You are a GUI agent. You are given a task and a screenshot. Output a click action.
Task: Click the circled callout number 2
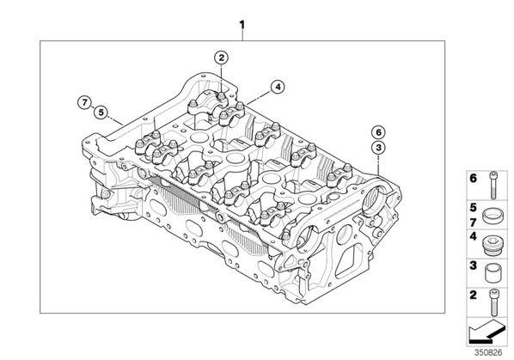[x=221, y=58]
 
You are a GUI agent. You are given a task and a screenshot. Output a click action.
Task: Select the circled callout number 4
[x=278, y=87]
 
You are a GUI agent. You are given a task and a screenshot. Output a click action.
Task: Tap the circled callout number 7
[x=85, y=102]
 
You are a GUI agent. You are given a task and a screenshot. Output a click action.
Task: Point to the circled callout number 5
[x=101, y=113]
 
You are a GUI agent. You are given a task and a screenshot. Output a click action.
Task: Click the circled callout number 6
[x=378, y=132]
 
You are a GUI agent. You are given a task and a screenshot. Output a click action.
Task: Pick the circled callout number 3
[x=378, y=148]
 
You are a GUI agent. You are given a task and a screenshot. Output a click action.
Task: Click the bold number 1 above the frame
[x=242, y=25]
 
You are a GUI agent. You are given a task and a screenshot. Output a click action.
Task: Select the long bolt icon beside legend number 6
[x=493, y=185]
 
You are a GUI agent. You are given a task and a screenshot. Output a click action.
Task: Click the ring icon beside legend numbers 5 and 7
[x=492, y=217]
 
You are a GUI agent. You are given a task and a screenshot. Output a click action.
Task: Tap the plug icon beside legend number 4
[x=493, y=245]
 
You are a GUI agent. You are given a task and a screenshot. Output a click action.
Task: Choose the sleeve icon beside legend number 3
[x=493, y=274]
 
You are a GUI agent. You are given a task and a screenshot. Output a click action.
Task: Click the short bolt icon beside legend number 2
[x=493, y=302]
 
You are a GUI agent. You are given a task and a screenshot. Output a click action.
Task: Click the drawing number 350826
[x=488, y=352]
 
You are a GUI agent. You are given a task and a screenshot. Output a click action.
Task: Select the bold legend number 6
[x=473, y=179]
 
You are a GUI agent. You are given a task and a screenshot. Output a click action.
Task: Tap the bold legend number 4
[x=473, y=236]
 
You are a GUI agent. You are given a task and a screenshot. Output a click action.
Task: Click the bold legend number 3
[x=473, y=265]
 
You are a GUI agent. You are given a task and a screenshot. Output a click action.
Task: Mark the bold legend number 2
[x=473, y=295]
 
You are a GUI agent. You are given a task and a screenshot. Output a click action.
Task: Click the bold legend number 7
[x=473, y=223]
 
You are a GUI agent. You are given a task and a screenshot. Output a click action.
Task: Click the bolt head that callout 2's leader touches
[x=222, y=96]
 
